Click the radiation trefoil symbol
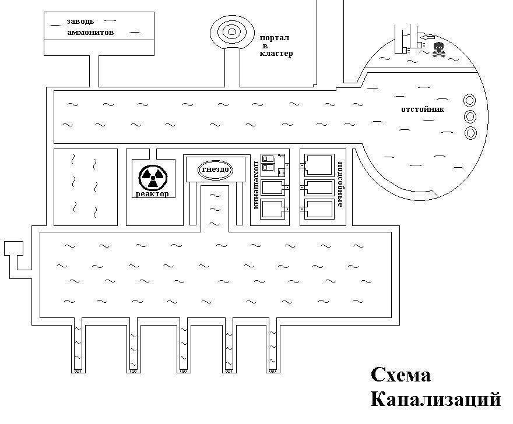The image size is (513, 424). (153, 178)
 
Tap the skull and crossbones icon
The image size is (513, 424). (438, 50)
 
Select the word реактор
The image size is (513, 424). (153, 193)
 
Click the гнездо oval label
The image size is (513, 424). (215, 169)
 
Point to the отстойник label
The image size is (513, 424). (423, 109)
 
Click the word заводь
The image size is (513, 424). (80, 22)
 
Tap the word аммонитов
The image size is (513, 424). (90, 33)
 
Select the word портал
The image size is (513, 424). (274, 38)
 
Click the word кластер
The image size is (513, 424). (276, 53)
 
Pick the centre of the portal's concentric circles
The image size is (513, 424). (231, 31)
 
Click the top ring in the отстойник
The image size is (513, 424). (470, 100)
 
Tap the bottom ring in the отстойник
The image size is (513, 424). (470, 133)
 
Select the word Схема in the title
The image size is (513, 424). (400, 375)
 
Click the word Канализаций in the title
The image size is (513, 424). (436, 399)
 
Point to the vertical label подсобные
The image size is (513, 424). (340, 184)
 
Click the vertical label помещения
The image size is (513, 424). (256, 185)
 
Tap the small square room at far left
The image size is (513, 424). (13, 249)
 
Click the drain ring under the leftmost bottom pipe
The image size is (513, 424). (78, 371)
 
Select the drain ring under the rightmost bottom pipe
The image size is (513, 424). (273, 371)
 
